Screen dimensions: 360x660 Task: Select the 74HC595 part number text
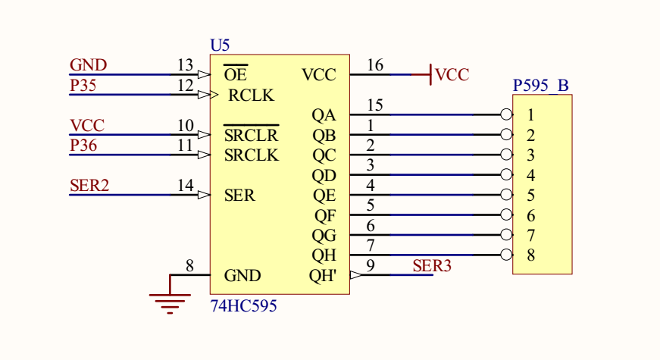(243, 306)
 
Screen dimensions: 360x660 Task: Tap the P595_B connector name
(540, 85)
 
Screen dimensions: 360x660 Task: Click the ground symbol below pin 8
(170, 303)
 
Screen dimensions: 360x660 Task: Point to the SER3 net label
(432, 265)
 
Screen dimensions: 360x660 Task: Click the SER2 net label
(89, 185)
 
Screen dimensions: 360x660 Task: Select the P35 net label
(83, 86)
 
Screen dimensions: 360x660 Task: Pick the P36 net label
(83, 145)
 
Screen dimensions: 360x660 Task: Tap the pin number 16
(374, 65)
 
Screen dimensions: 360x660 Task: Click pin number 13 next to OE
(185, 65)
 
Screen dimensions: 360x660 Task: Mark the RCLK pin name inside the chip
(251, 96)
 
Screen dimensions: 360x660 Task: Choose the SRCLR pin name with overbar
(251, 136)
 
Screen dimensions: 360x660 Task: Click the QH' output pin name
(323, 276)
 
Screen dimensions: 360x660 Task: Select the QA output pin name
(324, 115)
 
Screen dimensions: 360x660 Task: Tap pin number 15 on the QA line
(374, 105)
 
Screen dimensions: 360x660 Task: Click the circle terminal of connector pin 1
(506, 115)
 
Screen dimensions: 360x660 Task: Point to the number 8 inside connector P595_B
(531, 255)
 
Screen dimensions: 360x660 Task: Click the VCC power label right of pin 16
(452, 75)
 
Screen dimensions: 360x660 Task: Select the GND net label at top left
(88, 65)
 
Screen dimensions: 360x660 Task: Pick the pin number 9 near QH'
(371, 265)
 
